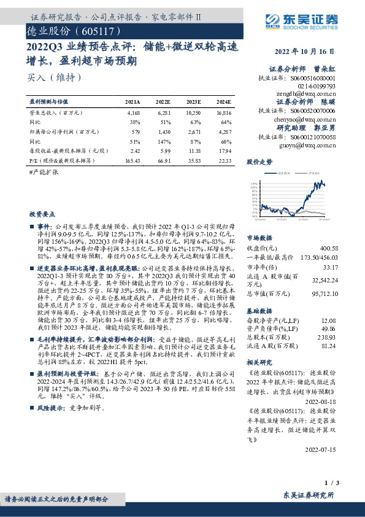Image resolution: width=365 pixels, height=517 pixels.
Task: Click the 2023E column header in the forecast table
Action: (194, 101)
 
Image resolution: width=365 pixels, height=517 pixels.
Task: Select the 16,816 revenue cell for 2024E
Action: (224, 114)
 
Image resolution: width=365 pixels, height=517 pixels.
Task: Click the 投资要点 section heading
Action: (42, 214)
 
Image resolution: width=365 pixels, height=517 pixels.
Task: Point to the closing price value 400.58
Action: (325, 247)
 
